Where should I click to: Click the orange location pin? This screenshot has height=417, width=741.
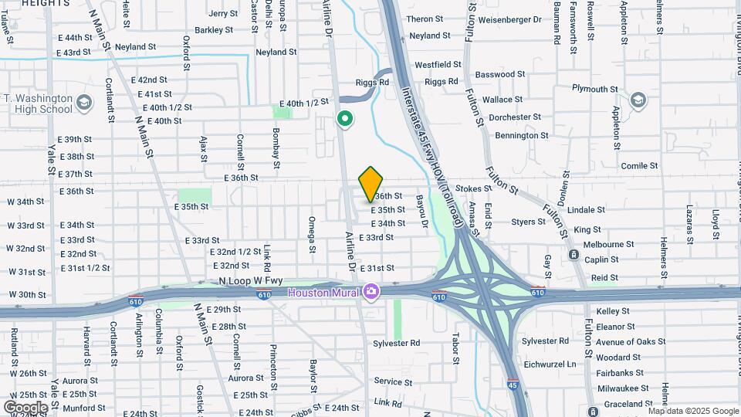point(371,183)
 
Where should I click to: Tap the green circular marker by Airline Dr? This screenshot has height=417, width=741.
point(345,120)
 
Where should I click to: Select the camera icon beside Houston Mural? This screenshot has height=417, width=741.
point(371,292)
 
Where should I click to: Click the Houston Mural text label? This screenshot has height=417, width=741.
point(324,293)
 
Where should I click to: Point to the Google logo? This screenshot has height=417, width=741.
point(25,407)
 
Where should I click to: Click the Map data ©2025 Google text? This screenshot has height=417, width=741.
point(693,410)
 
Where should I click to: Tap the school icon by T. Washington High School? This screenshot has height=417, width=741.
point(83,101)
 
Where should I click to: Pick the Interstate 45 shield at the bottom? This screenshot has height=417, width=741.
point(513,383)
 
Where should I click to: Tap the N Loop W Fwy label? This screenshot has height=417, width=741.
point(247,282)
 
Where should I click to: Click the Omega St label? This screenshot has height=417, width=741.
point(313,234)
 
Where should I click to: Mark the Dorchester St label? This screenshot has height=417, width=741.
point(516,117)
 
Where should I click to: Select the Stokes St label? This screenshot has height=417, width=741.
point(473,188)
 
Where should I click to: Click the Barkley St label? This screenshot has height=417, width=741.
point(214,30)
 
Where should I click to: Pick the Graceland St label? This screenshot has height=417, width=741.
point(630,404)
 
